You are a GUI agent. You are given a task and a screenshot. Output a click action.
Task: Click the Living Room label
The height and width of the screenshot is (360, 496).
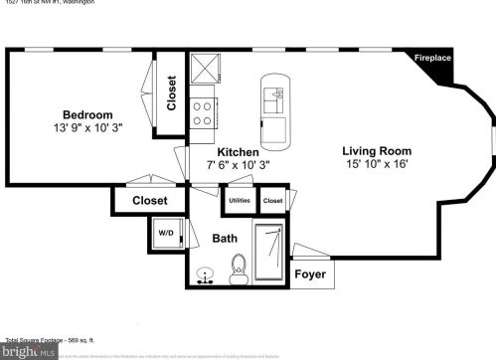(x=378, y=149)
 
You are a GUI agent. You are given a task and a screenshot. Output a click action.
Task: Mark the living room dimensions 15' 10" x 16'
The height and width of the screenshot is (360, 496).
(x=378, y=163)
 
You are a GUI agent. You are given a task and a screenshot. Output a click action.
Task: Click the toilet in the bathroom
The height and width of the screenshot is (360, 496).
(x=239, y=267)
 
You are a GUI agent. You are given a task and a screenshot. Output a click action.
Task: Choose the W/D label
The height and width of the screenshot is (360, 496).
(x=166, y=234)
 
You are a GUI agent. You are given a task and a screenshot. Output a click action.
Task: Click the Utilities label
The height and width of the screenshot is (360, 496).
(x=239, y=200)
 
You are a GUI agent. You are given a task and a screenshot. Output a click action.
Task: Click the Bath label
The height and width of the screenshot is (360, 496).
(x=225, y=239)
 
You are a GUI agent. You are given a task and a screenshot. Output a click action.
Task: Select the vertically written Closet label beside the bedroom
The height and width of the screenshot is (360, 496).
(x=171, y=92)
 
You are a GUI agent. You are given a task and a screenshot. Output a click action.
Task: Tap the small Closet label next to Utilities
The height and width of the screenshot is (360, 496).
(x=273, y=200)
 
